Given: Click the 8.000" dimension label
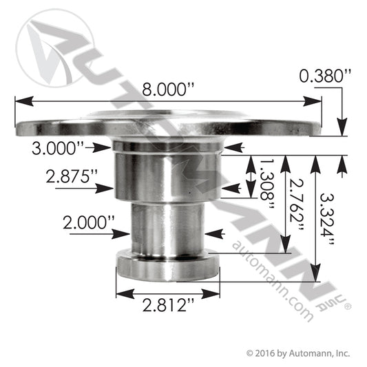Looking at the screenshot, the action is [x=168, y=90].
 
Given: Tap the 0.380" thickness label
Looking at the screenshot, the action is [x=325, y=76].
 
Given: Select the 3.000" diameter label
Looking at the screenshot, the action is [x=58, y=148].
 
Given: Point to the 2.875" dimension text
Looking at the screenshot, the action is [x=72, y=176].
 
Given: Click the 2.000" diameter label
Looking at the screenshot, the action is [x=89, y=222].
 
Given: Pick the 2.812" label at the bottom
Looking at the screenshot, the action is [x=168, y=305].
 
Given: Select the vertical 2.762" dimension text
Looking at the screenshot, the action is [x=297, y=204].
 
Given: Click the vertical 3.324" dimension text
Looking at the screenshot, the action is [x=327, y=218].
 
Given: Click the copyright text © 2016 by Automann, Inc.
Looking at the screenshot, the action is [x=298, y=353].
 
